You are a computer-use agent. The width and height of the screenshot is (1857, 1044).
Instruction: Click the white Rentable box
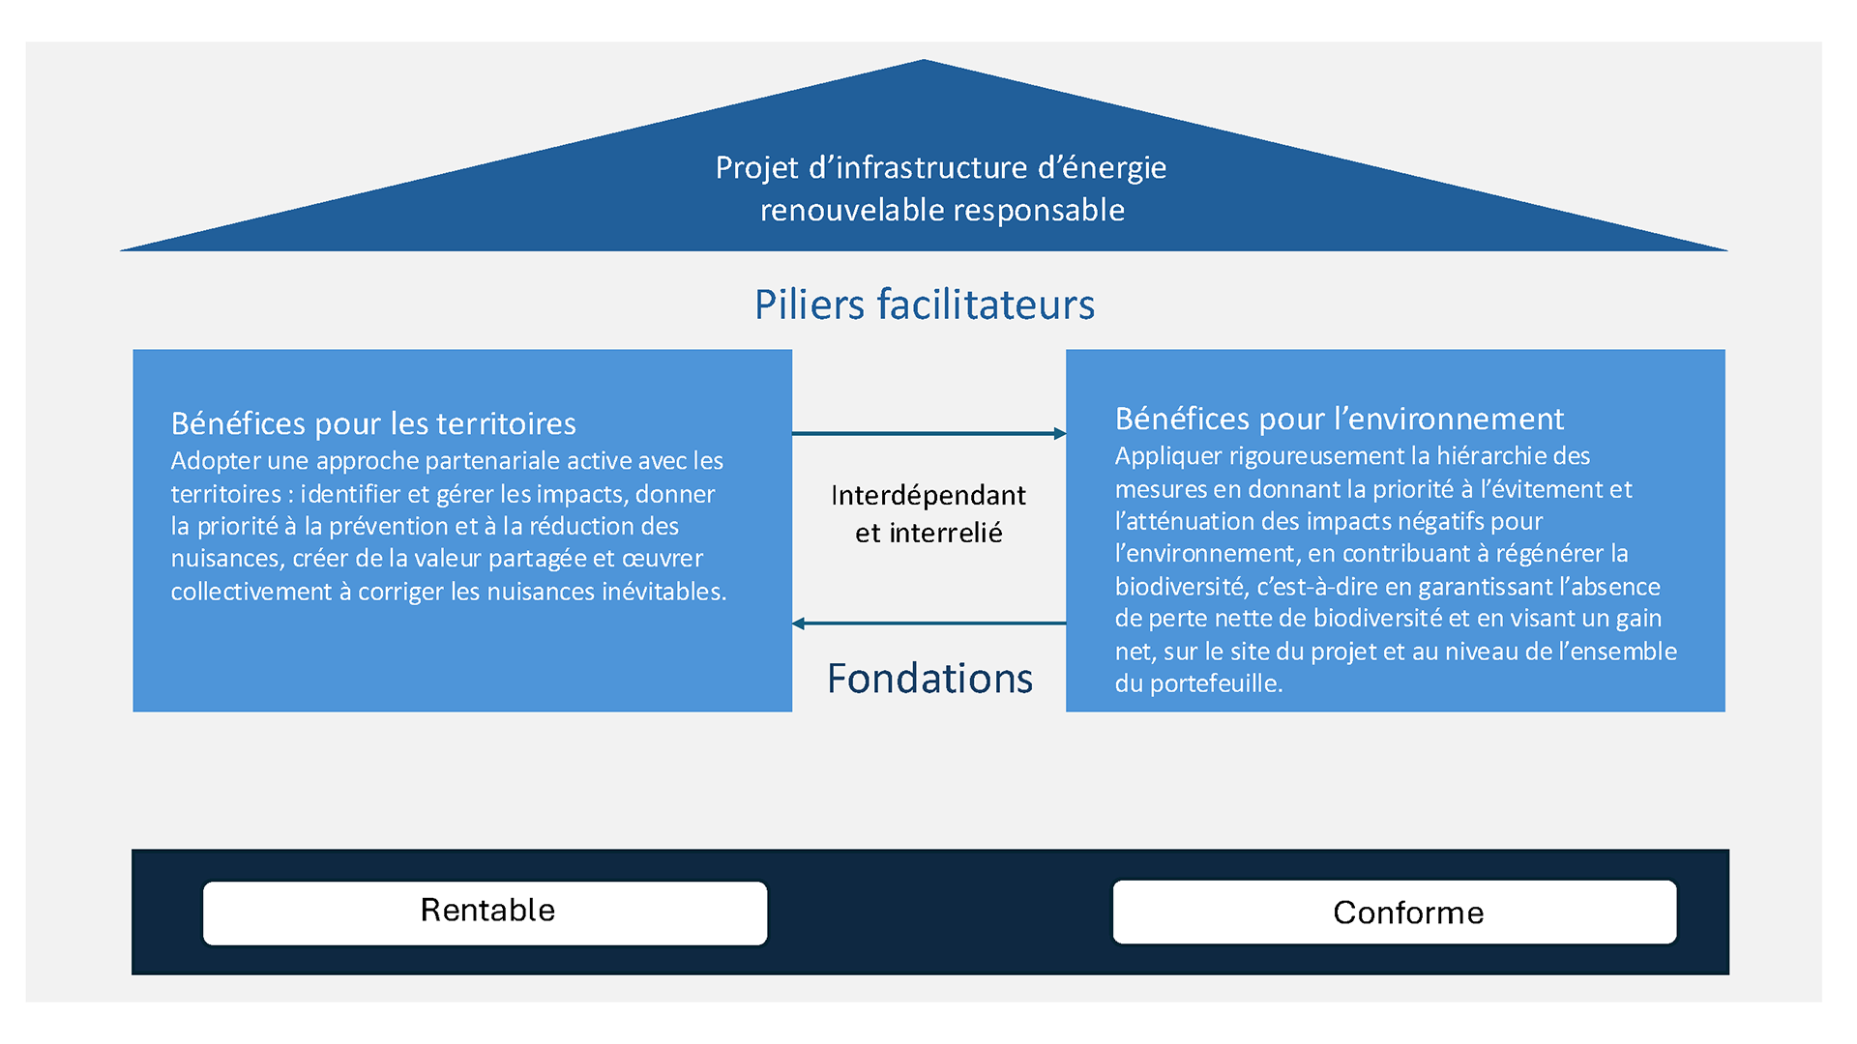click(485, 912)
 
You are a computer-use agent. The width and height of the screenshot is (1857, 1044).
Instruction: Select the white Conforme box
click(1394, 912)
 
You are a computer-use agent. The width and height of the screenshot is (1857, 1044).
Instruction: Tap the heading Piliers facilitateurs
click(924, 304)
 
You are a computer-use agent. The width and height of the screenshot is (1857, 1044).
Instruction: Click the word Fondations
click(929, 679)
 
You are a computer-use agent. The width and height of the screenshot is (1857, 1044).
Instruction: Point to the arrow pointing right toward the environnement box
click(928, 433)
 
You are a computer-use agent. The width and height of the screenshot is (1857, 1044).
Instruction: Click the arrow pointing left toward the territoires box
click(928, 623)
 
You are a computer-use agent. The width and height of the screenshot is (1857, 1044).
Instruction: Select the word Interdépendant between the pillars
click(928, 495)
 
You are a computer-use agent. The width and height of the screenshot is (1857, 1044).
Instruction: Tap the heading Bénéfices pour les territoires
click(373, 423)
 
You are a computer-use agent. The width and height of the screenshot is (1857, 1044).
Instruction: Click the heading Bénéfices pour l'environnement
click(1339, 419)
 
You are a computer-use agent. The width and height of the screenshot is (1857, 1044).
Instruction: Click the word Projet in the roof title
click(756, 168)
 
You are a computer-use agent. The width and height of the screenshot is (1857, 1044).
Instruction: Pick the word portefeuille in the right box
click(1215, 683)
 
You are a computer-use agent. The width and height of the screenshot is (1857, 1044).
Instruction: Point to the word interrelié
click(945, 533)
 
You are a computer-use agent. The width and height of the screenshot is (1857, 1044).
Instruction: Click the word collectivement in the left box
click(251, 592)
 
